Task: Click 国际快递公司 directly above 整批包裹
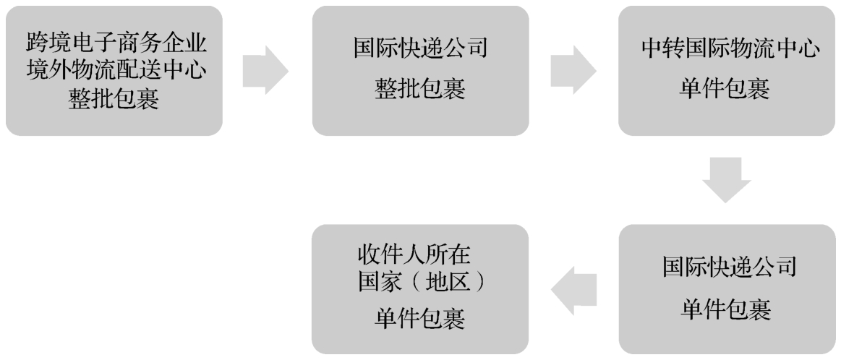tap(422, 51)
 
